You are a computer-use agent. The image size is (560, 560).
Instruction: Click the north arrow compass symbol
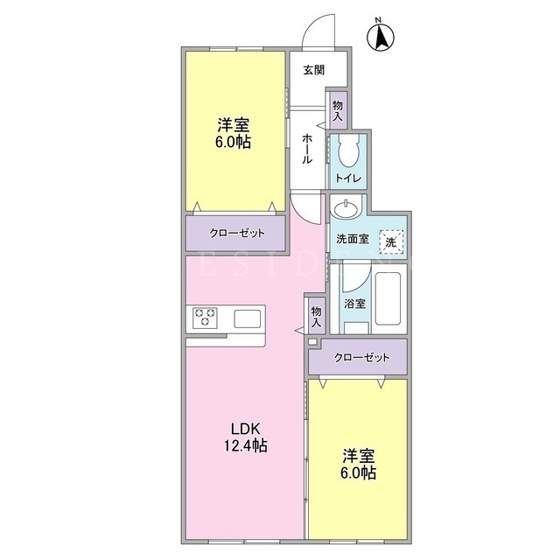click(381, 36)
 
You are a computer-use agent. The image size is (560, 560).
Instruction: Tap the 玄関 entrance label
click(314, 70)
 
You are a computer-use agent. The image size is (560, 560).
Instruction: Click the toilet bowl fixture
click(348, 152)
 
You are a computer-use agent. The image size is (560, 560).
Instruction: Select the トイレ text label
click(348, 178)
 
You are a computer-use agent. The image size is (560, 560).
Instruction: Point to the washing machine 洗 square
click(391, 242)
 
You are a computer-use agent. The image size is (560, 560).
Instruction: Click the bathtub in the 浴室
click(388, 298)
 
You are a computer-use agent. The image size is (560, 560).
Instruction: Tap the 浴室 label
click(354, 304)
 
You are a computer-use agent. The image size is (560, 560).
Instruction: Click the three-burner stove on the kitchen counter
click(205, 318)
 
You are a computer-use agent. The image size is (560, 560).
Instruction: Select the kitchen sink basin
click(247, 318)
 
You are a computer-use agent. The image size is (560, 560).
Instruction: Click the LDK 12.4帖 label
click(245, 437)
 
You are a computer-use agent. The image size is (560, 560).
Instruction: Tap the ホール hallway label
click(307, 149)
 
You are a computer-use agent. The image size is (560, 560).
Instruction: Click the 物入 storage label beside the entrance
click(338, 111)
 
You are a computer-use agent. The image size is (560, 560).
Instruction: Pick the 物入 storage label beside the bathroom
click(317, 317)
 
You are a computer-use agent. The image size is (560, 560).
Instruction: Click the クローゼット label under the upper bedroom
click(237, 234)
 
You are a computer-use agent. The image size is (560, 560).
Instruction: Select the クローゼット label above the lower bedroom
click(361, 358)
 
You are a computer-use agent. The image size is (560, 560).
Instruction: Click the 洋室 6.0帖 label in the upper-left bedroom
click(233, 133)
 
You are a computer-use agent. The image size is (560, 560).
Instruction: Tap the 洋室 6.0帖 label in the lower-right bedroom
click(358, 464)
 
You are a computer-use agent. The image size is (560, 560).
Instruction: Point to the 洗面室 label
click(353, 239)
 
